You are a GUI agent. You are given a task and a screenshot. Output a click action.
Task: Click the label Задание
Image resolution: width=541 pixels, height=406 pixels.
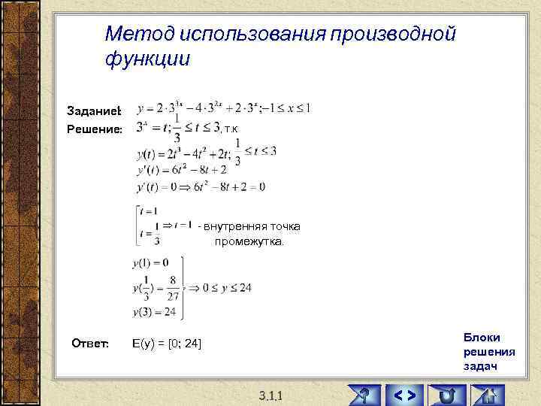94,111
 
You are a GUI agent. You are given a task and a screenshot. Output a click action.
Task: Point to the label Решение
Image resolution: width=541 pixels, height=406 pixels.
95,129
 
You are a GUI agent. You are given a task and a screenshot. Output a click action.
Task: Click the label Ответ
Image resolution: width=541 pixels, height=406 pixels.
90,344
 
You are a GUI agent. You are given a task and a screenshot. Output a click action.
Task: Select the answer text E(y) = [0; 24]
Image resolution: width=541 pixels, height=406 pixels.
166,344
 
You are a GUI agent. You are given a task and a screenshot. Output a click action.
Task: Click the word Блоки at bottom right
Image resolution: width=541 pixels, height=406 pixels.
482,338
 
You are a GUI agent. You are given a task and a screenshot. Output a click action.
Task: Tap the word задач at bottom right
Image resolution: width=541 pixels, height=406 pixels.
480,366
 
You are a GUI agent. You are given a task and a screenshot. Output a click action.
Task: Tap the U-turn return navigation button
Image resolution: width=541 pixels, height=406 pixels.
448,393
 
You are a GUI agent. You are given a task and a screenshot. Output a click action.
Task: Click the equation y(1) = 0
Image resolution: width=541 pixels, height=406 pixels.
150,263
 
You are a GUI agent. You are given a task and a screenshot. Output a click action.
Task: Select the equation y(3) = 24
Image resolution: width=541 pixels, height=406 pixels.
154,312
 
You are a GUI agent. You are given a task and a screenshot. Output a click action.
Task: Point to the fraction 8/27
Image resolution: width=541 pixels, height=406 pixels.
172,286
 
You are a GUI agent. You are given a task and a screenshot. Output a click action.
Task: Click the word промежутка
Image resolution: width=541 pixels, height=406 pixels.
249,242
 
